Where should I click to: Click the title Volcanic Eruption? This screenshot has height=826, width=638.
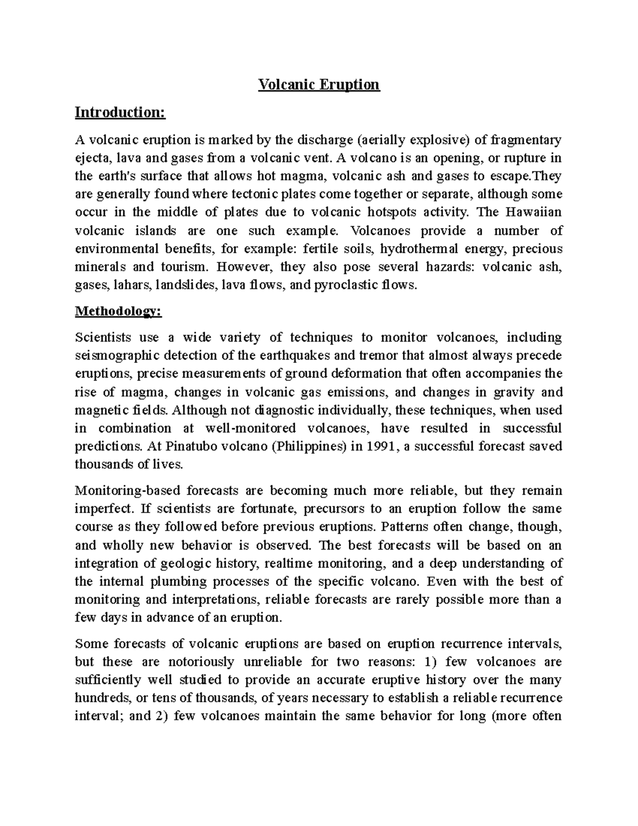coord(318,85)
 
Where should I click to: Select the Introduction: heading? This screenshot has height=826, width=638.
coord(120,112)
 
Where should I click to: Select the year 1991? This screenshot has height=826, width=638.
coord(380,446)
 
